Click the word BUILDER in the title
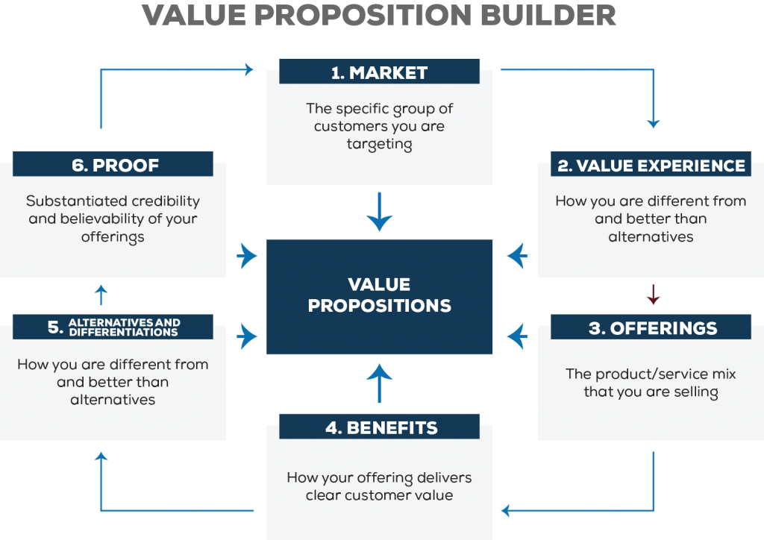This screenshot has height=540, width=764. (x=548, y=15)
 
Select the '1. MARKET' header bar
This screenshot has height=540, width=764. (x=379, y=72)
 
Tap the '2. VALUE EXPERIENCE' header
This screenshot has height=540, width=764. (x=651, y=165)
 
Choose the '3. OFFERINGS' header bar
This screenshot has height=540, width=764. (x=651, y=327)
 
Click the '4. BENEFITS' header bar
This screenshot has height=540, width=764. (x=379, y=427)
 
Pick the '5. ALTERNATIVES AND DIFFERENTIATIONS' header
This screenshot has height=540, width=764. (x=113, y=327)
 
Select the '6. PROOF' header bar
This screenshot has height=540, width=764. (x=113, y=165)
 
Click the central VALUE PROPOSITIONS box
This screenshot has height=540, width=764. (x=379, y=297)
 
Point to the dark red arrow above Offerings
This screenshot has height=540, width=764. (x=653, y=295)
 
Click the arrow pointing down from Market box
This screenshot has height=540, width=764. (x=379, y=212)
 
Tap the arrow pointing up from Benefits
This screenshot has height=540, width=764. (x=379, y=383)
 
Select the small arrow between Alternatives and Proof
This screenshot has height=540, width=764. (x=101, y=295)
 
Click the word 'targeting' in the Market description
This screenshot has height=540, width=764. (x=379, y=144)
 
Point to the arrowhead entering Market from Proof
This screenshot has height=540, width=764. (x=249, y=69)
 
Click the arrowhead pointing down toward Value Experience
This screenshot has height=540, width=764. (x=653, y=124)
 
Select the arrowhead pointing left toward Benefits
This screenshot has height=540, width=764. (x=506, y=511)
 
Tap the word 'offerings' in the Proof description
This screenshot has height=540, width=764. (x=113, y=236)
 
